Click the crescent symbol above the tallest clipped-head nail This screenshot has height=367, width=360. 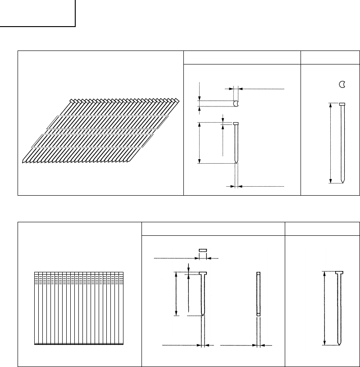[x=342, y=84]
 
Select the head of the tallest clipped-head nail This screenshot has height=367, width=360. [x=342, y=104]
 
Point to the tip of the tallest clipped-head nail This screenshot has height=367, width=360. [x=342, y=181]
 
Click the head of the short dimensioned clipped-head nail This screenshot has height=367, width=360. [x=236, y=124]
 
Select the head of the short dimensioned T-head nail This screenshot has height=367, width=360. [x=203, y=273]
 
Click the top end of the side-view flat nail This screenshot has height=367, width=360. [x=258, y=274]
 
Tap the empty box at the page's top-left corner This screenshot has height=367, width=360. [x=37, y=13]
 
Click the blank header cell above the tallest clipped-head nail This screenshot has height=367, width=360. [x=330, y=58]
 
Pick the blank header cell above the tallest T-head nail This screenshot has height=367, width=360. [x=323, y=229]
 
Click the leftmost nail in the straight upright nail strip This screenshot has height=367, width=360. [x=36, y=309]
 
